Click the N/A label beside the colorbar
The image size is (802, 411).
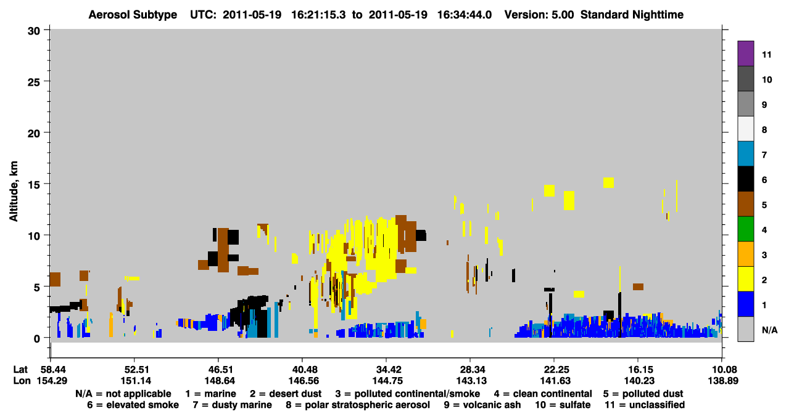pyautogui.click(x=769, y=330)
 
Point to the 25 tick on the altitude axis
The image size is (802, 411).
pyautogui.click(x=33, y=82)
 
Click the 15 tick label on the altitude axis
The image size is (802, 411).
pyautogui.click(x=33, y=185)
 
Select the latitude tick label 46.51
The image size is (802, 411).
pyautogui.click(x=218, y=369)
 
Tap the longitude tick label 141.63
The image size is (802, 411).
pyautogui.click(x=554, y=381)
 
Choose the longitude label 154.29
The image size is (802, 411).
pyautogui.click(x=52, y=381)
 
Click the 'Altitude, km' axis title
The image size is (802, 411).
pyautogui.click(x=13, y=191)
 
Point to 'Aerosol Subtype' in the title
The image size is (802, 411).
pyautogui.click(x=133, y=15)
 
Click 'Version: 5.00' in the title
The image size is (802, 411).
pyautogui.click(x=539, y=15)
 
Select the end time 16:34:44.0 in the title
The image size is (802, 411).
pyautogui.click(x=465, y=15)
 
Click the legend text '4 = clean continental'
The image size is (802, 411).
pyautogui.click(x=543, y=394)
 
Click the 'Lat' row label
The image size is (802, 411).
pyautogui.click(x=20, y=369)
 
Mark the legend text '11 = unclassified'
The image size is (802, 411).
pyautogui.click(x=645, y=405)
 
